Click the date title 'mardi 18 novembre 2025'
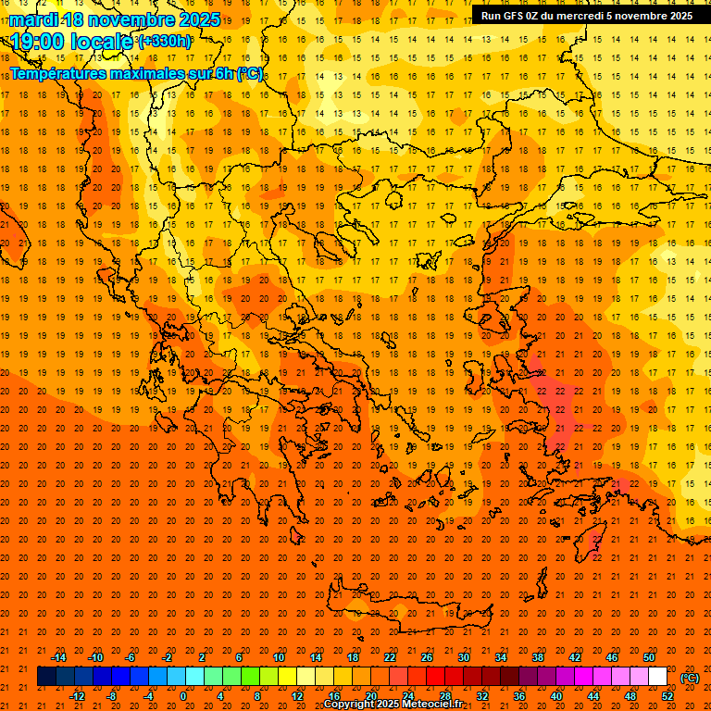tap(115, 19)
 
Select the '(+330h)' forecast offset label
tap(165, 41)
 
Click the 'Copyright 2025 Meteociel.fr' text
tap(393, 705)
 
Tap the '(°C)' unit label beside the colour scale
tap(690, 678)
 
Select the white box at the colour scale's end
tap(658, 677)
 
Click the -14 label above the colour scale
tap(57, 657)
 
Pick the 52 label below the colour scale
tap(667, 696)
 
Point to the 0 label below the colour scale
tap(183, 696)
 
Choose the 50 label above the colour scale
tap(648, 657)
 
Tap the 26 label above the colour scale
tap(427, 657)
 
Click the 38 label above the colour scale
tap(538, 657)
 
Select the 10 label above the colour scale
tap(279, 657)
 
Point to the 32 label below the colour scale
tap(482, 696)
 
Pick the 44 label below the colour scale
tap(593, 696)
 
